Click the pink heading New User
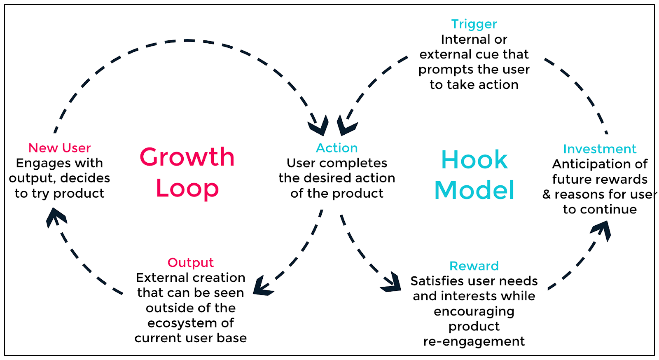tap(59, 148)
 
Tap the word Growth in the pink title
tap(187, 157)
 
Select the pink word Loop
tap(187, 189)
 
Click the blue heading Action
tap(337, 148)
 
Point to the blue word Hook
tap(474, 160)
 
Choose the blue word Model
tap(474, 190)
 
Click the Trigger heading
tap(474, 24)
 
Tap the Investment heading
tap(599, 149)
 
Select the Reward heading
tap(474, 266)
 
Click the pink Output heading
tap(190, 262)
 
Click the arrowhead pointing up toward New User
tap(55, 216)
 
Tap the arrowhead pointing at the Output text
tap(261, 287)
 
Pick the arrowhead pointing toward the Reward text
tap(393, 283)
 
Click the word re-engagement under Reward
tap(474, 341)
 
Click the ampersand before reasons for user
tap(547, 194)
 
